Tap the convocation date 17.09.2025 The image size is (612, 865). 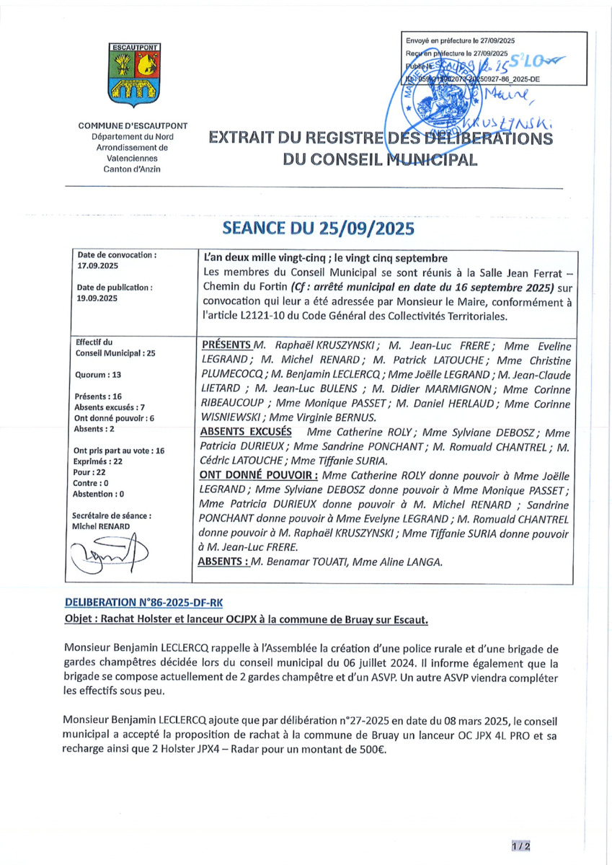(97, 266)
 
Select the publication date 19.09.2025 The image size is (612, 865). (97, 298)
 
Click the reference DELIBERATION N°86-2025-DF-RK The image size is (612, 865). (148, 601)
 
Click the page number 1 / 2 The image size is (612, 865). (520, 846)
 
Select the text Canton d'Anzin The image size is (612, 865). (133, 169)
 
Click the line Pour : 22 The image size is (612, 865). (90, 471)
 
